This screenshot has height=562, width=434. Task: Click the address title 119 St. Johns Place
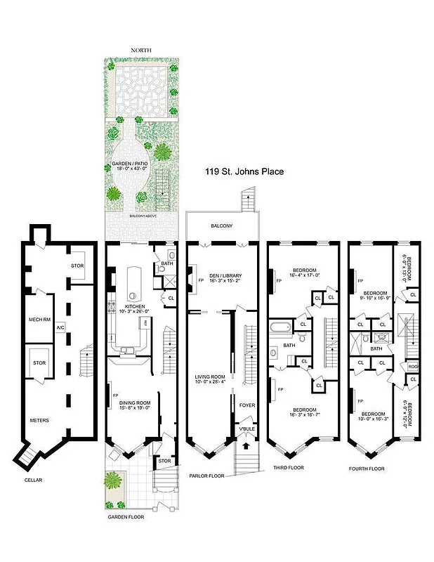coord(244,171)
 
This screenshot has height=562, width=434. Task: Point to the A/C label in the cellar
coord(60,327)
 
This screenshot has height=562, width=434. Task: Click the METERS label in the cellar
coord(39,421)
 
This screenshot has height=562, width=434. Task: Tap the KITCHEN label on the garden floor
coord(134,307)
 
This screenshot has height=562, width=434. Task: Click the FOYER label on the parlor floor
coord(246,405)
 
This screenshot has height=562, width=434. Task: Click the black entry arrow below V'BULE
coord(245,444)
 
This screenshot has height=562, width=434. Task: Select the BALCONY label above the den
coord(222,226)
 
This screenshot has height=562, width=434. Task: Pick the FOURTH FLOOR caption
coord(367,467)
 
